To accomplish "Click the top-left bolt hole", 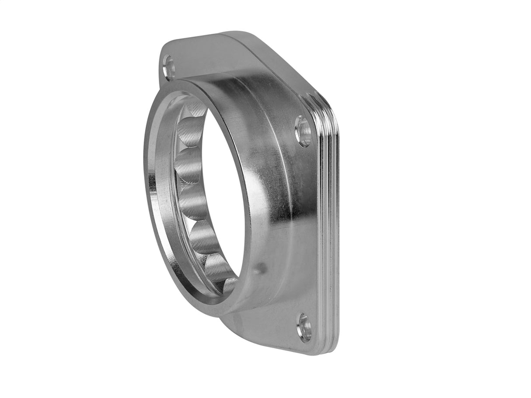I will point(168,67).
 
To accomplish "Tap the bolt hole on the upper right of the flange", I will point(303,131).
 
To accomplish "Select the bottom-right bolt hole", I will point(304,327).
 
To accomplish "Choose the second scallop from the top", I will point(189,131).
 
